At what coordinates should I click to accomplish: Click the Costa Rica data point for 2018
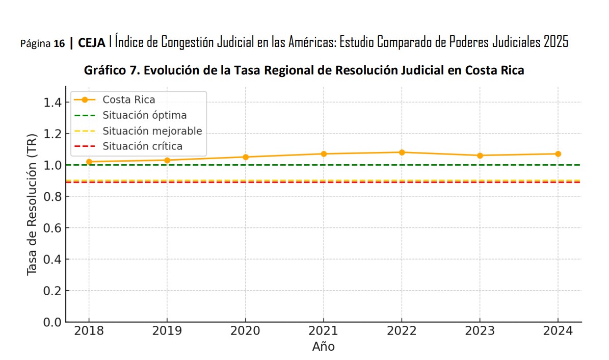point(89,162)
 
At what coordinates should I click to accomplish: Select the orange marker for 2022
point(402,152)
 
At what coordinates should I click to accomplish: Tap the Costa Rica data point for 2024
point(558,153)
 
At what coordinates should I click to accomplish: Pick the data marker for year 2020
point(245,157)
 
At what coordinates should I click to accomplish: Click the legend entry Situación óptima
point(144,115)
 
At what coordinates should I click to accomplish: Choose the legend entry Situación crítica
point(142,146)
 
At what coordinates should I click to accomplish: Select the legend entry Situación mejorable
point(152,131)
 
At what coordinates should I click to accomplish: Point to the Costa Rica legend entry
point(128,100)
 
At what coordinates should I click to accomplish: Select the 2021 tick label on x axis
point(323,331)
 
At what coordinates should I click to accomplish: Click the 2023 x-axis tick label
point(480,331)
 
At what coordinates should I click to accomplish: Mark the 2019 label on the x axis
point(167,331)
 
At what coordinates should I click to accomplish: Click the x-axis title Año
point(323,347)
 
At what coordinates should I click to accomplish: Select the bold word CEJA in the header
point(92,43)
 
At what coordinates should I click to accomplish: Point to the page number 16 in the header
point(59,44)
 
